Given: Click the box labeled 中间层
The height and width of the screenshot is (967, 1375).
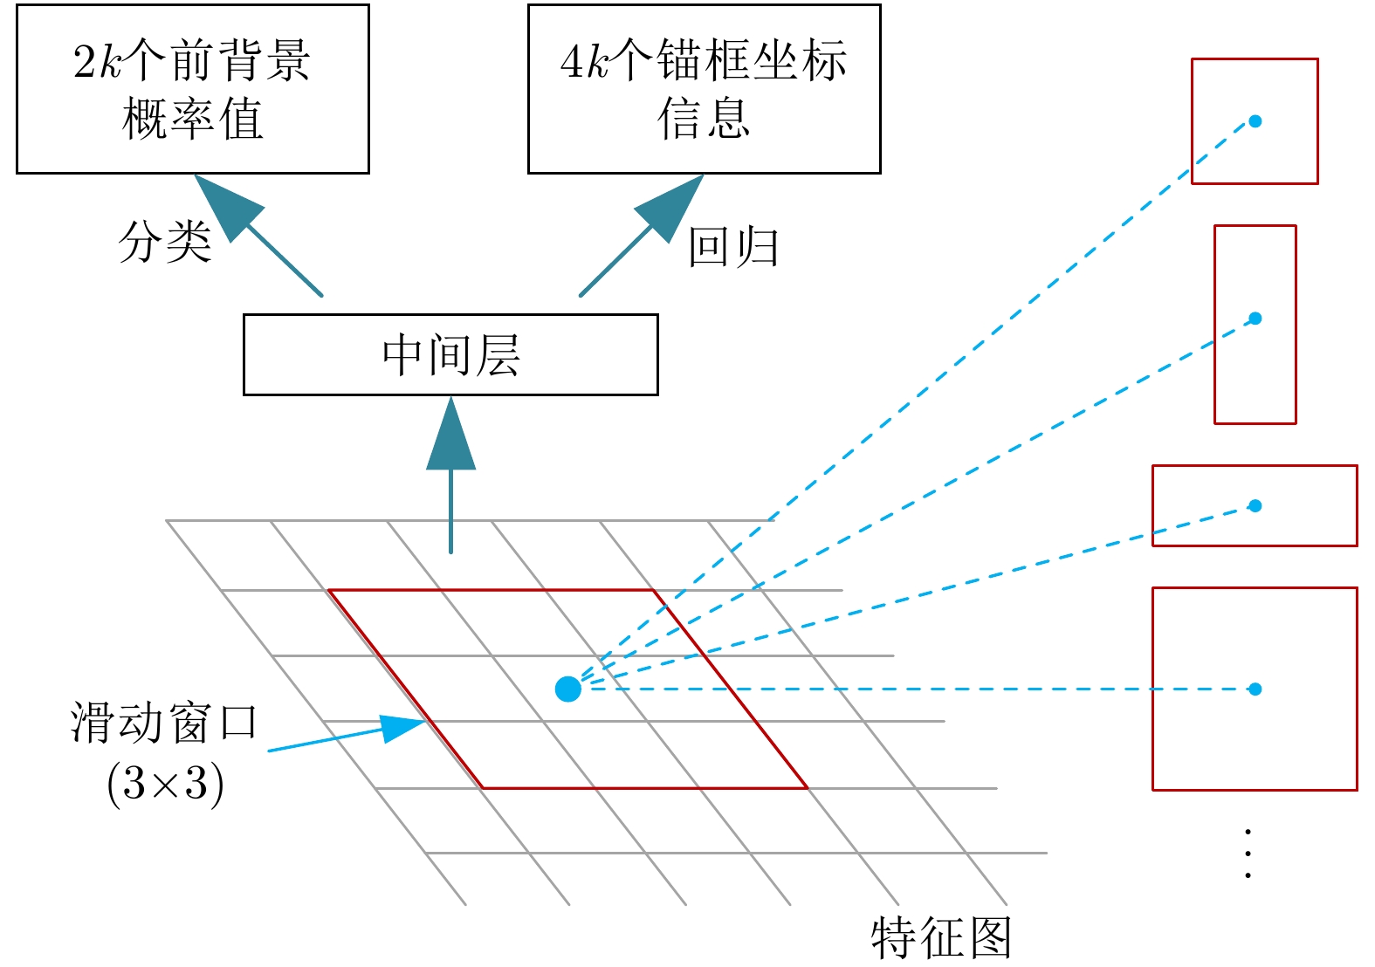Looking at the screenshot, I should pos(450,355).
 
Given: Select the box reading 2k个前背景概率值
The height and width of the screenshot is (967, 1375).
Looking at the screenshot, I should pos(192,89).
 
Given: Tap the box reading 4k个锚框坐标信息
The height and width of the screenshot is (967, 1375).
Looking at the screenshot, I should pos(704,89).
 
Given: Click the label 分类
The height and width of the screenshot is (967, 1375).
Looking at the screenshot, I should pos(165,242).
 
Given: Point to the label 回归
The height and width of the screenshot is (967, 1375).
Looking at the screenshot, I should pos(732,247).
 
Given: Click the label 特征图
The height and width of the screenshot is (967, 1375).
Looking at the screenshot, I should pos(941,938).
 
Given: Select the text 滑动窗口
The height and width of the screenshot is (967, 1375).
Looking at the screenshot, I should pos(164,724).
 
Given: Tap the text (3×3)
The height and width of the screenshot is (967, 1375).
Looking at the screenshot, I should pos(165,783).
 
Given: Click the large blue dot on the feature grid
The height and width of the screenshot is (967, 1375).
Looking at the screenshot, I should pos(568,689).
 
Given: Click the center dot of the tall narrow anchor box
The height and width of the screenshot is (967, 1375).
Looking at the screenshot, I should pos(1255,319).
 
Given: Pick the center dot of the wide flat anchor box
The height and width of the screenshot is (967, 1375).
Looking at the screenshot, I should pos(1255,506).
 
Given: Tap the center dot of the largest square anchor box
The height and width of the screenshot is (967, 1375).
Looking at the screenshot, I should pos(1255,689).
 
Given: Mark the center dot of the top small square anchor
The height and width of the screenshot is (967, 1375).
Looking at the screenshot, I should pos(1255,121).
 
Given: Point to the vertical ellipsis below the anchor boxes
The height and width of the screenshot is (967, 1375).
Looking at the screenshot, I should pos(1248,854).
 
